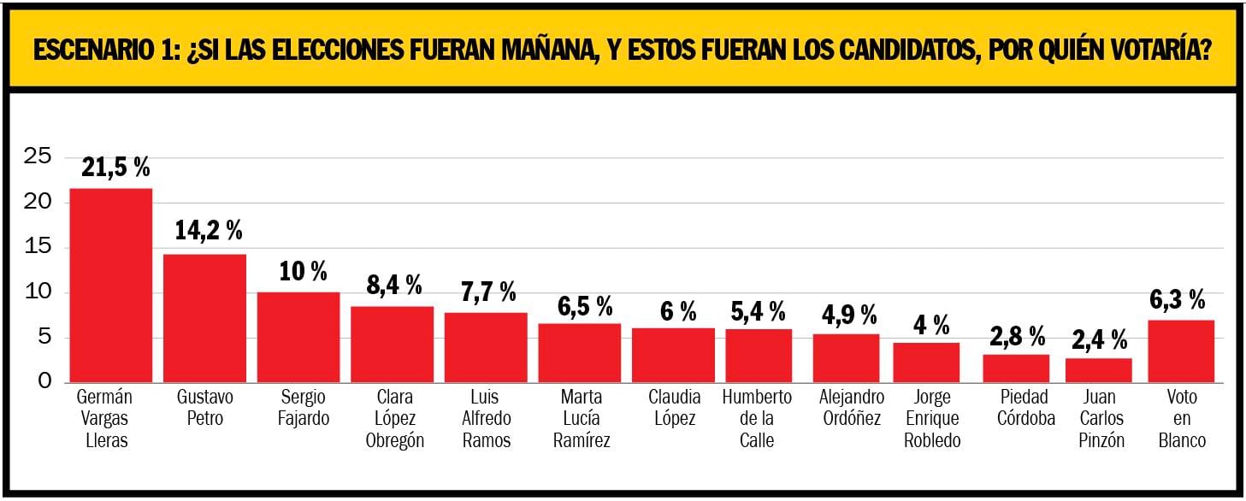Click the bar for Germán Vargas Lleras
click(110, 286)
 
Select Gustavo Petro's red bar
click(204, 318)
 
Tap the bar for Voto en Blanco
click(1180, 351)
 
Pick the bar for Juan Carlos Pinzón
click(1098, 370)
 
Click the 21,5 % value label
click(116, 167)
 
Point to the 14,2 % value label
click(209, 230)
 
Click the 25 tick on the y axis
click(38, 156)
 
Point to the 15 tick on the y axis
click(38, 247)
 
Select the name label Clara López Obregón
click(394, 419)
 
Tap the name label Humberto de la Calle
click(757, 419)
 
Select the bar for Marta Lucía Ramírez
click(580, 352)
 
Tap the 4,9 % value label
click(845, 315)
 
